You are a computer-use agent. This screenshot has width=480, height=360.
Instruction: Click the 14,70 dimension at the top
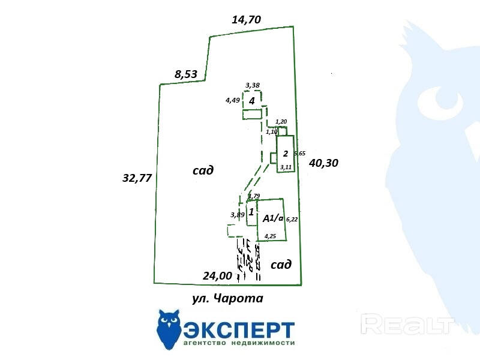click(246, 20)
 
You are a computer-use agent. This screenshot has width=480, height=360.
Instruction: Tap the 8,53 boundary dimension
click(186, 74)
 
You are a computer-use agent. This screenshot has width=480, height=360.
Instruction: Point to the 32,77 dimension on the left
click(137, 178)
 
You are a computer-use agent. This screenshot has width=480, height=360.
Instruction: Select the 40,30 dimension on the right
click(324, 163)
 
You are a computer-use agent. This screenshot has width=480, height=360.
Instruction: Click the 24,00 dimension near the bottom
click(217, 275)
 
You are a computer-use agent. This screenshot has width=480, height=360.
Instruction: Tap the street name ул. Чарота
click(227, 298)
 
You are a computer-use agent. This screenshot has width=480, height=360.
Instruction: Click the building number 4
click(252, 101)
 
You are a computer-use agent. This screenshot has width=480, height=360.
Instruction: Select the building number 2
click(286, 154)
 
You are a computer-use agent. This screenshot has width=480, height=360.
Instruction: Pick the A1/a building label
click(273, 218)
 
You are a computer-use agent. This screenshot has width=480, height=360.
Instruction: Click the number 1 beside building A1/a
click(251, 212)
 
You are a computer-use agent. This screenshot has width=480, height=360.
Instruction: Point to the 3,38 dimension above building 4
click(252, 85)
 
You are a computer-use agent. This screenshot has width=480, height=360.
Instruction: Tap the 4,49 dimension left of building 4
click(233, 100)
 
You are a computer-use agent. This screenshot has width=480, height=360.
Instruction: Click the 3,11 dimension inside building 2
click(286, 167)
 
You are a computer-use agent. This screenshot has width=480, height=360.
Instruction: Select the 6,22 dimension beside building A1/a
click(292, 220)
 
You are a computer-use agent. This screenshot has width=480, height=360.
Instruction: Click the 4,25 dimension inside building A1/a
click(270, 236)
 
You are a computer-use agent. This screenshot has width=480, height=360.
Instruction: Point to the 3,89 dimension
click(237, 214)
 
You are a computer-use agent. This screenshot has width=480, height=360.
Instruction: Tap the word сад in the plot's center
click(203, 170)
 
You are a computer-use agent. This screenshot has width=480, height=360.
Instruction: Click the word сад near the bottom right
click(281, 265)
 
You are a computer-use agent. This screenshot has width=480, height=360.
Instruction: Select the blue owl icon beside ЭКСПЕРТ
click(169, 329)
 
